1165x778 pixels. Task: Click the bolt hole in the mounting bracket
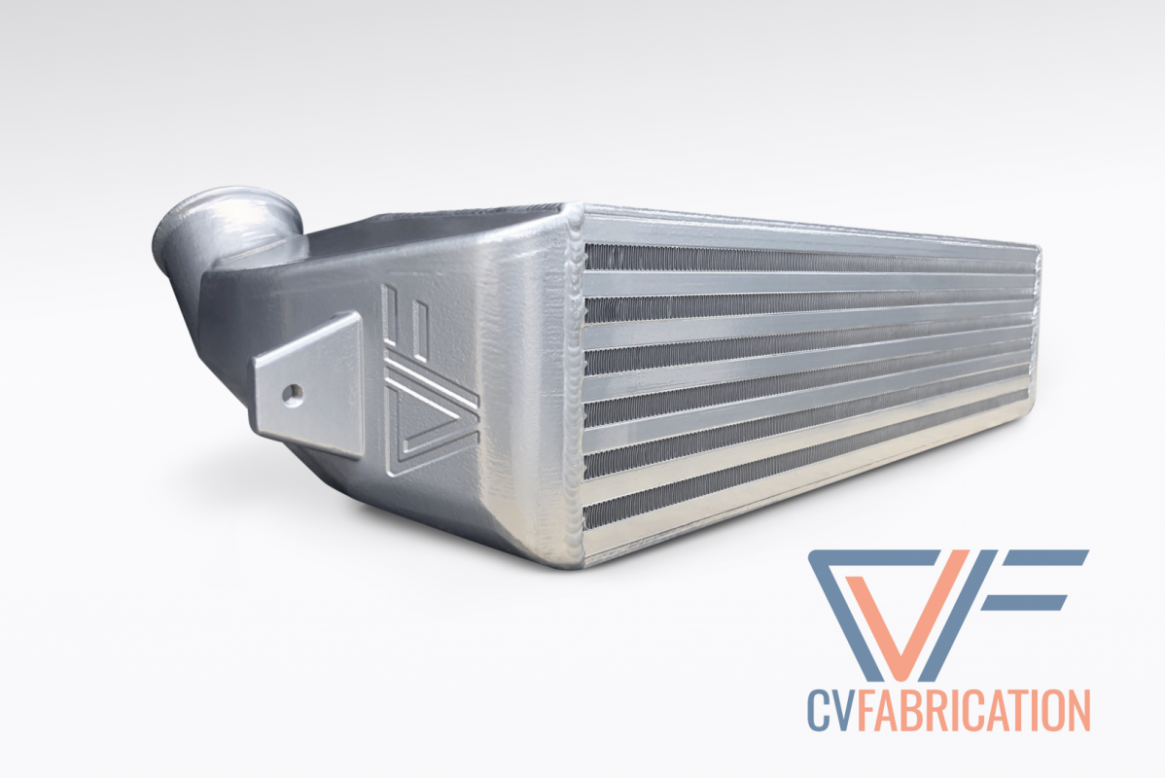tap(292, 393)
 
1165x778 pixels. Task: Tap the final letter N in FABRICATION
tap(1077, 710)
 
